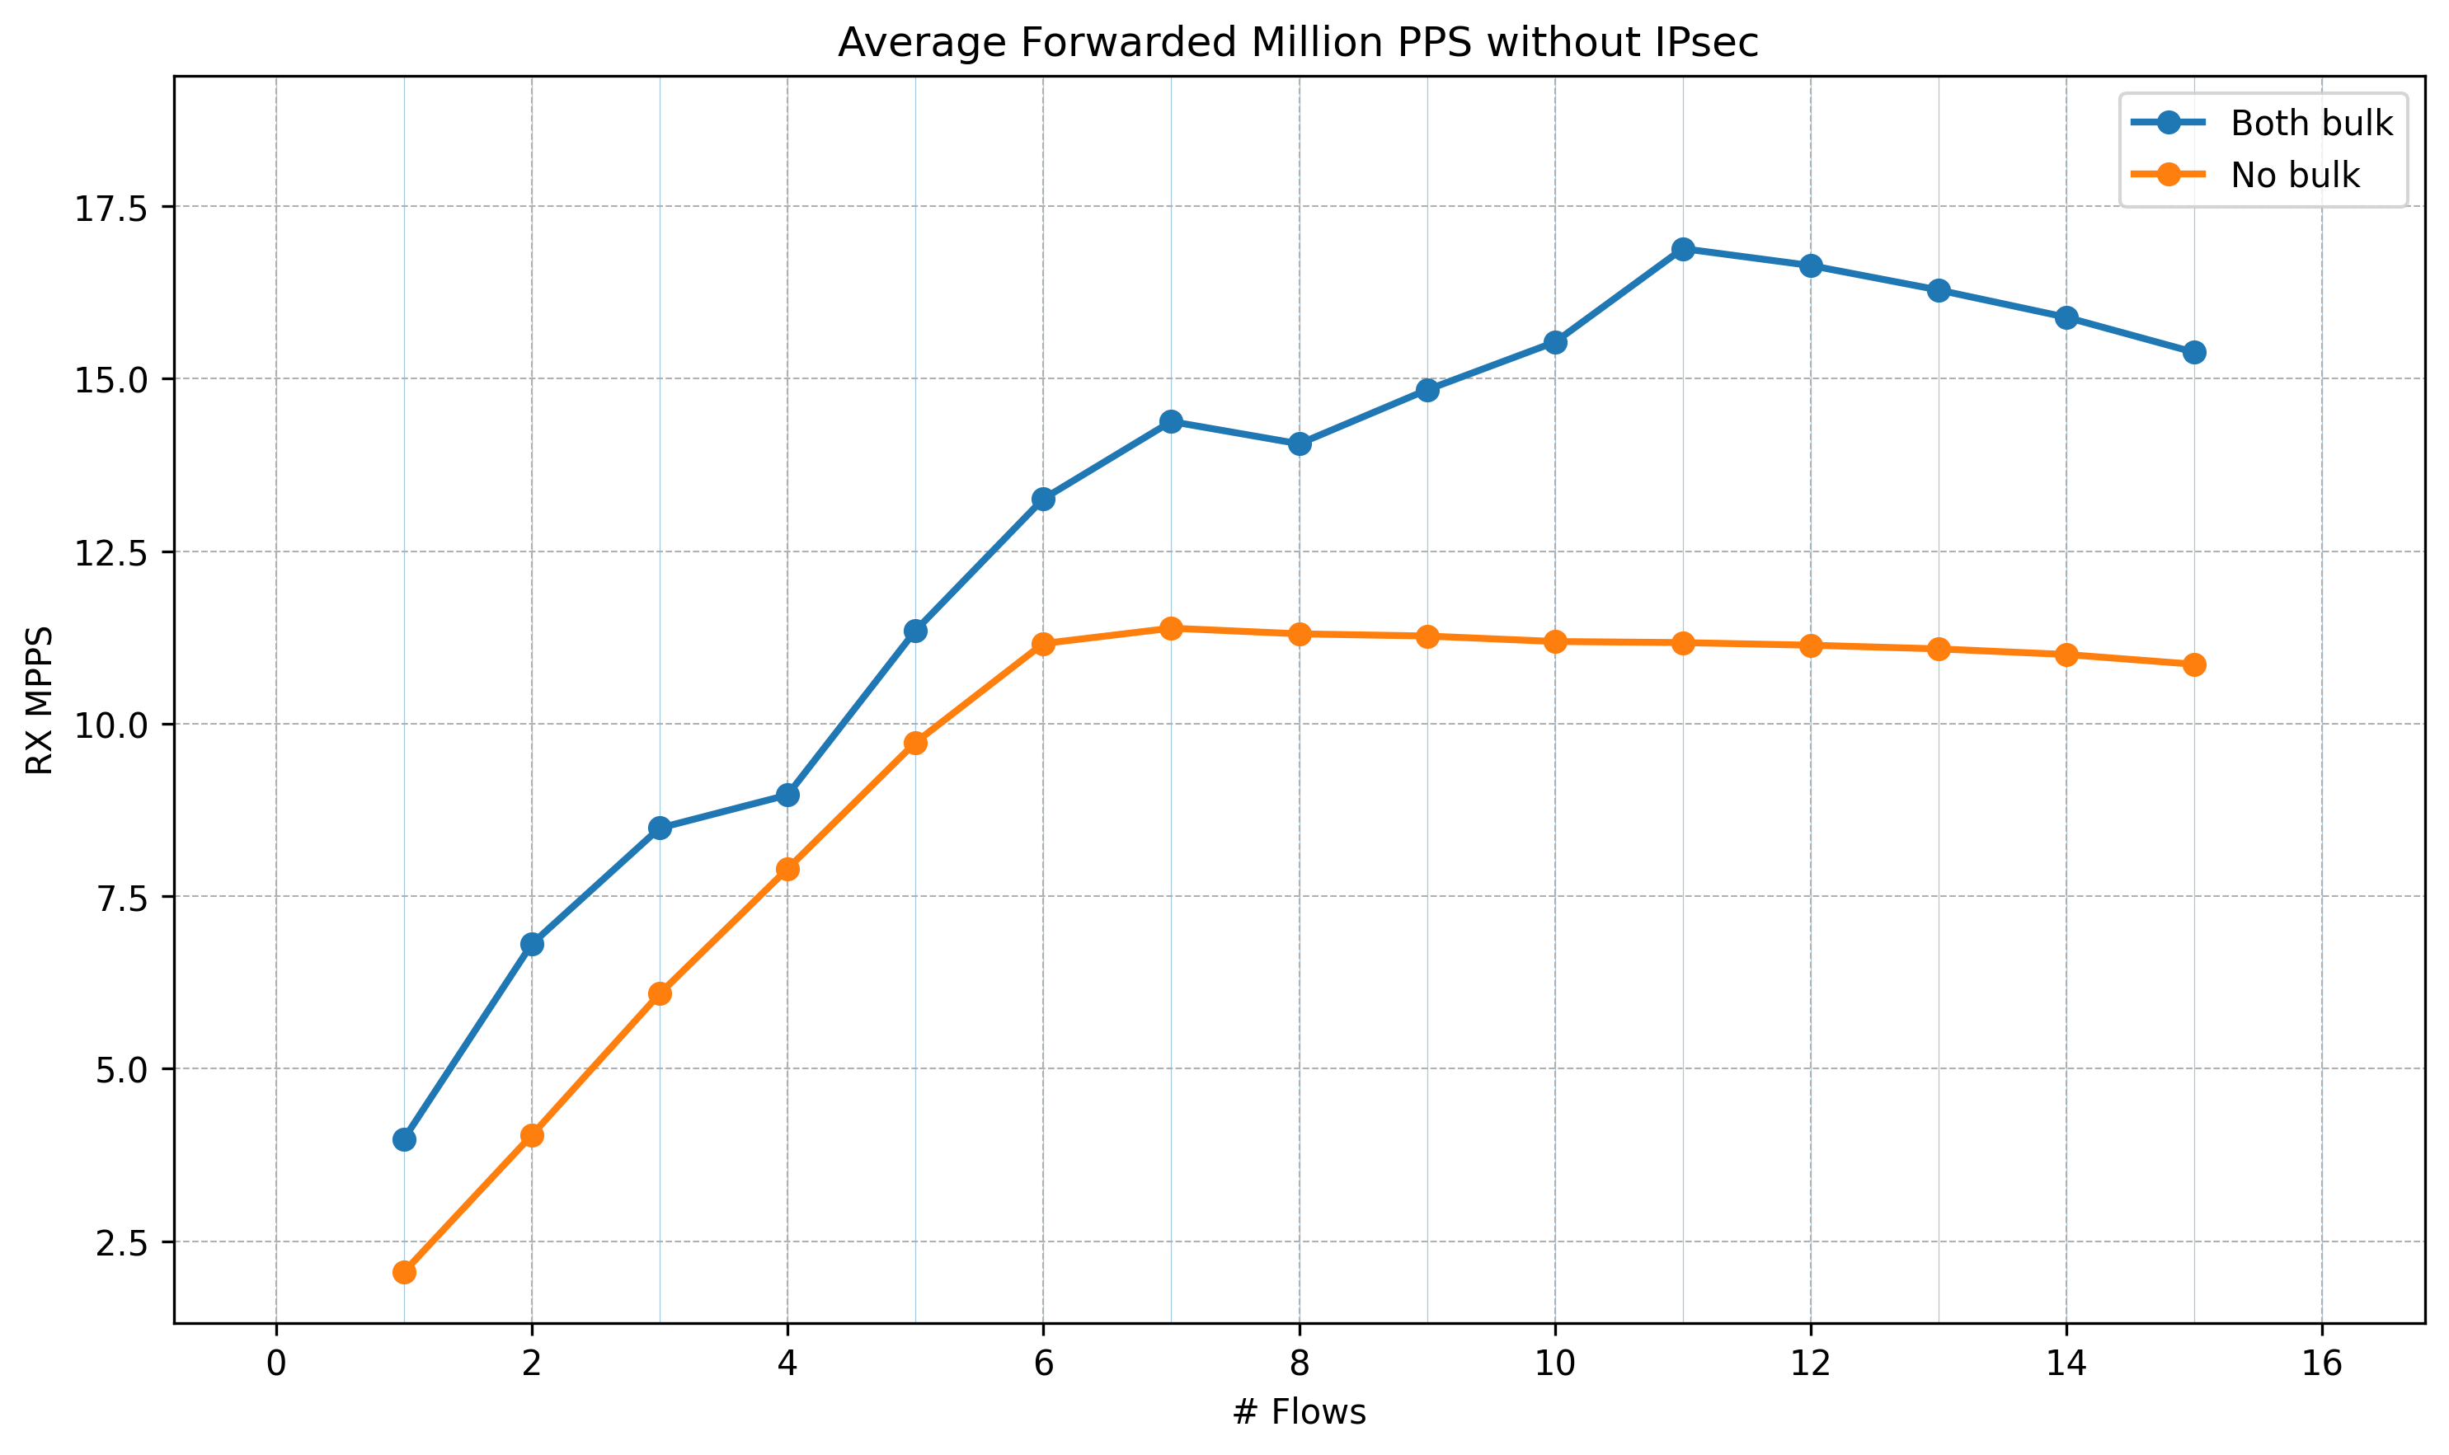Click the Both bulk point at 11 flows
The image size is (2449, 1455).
1683,249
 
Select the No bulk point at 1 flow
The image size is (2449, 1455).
404,1273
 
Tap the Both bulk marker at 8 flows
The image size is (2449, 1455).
1300,444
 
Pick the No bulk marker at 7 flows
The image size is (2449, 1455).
1171,628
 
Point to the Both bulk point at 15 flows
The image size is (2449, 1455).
2194,352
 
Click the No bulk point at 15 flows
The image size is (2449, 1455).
2194,664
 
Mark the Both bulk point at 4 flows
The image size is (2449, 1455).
787,796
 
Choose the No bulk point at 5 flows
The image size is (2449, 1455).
915,744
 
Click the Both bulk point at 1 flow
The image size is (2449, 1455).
404,1139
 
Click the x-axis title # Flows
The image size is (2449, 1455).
1299,1413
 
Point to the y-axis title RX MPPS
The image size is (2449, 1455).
40,700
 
